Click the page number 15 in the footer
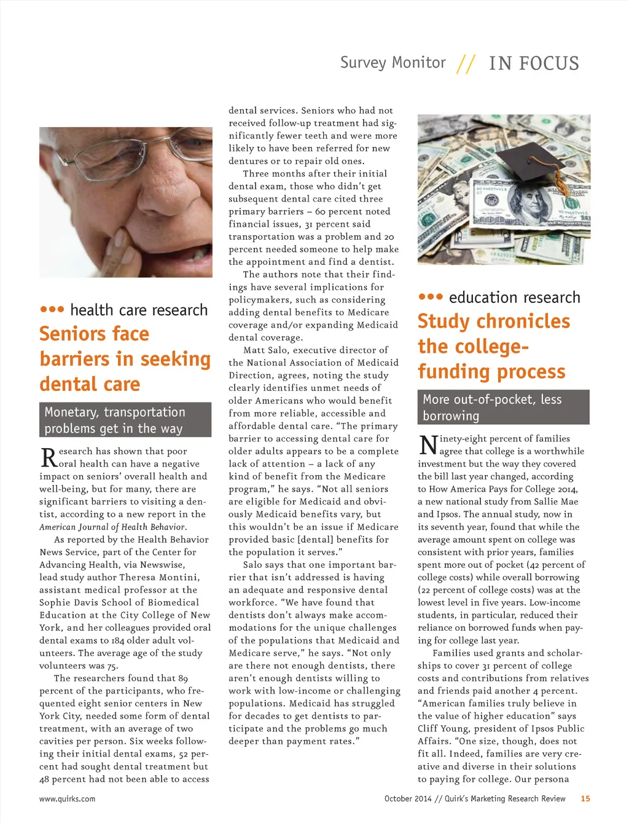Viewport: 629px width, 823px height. [585, 798]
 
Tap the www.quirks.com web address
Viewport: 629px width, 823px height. [67, 799]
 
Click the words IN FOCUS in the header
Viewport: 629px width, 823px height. [534, 63]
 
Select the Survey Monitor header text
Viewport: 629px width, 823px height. [393, 63]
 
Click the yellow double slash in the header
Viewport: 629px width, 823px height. [466, 64]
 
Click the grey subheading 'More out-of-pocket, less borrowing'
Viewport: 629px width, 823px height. [503, 407]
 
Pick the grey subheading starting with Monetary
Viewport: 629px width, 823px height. [125, 420]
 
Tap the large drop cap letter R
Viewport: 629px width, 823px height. [49, 458]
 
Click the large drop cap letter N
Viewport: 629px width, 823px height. [428, 445]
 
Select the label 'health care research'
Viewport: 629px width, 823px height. [139, 310]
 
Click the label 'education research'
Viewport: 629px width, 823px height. [514, 297]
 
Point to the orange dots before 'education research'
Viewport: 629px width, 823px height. [430, 297]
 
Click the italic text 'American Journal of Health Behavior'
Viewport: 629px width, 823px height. [112, 527]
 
